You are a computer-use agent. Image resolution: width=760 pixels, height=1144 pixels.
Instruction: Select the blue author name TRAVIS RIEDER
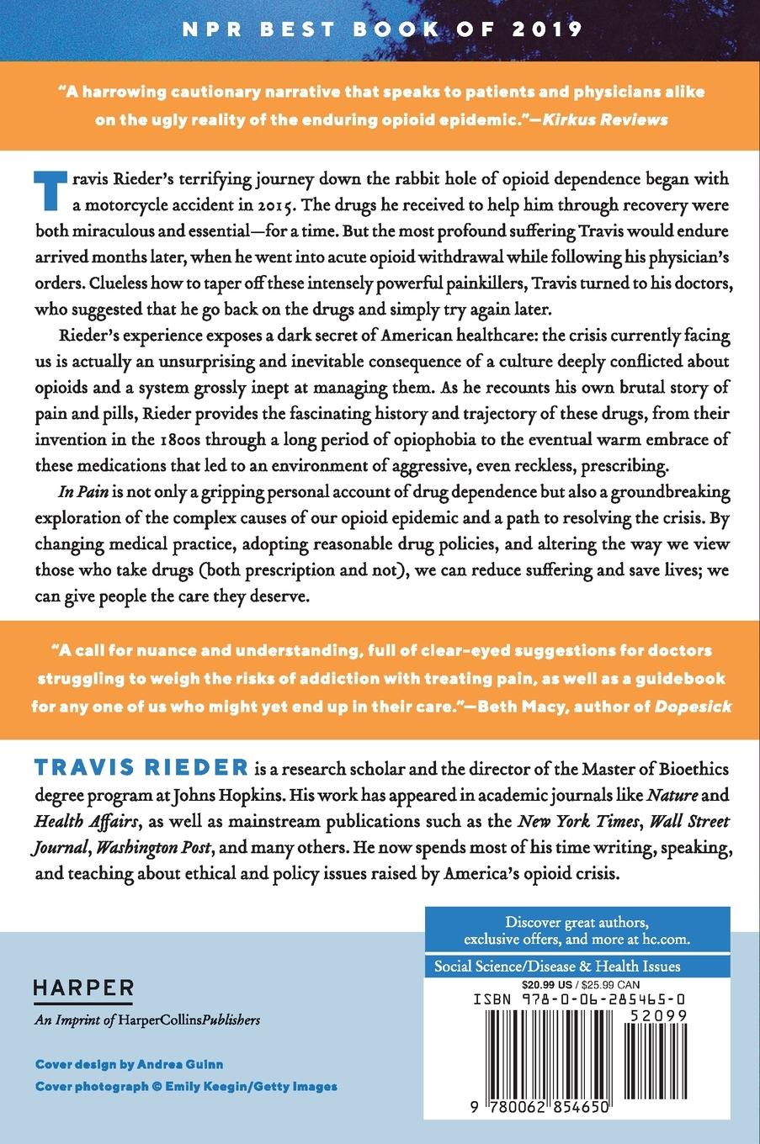141,768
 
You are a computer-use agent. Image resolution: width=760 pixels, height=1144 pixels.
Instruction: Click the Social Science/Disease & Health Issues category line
557,967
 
